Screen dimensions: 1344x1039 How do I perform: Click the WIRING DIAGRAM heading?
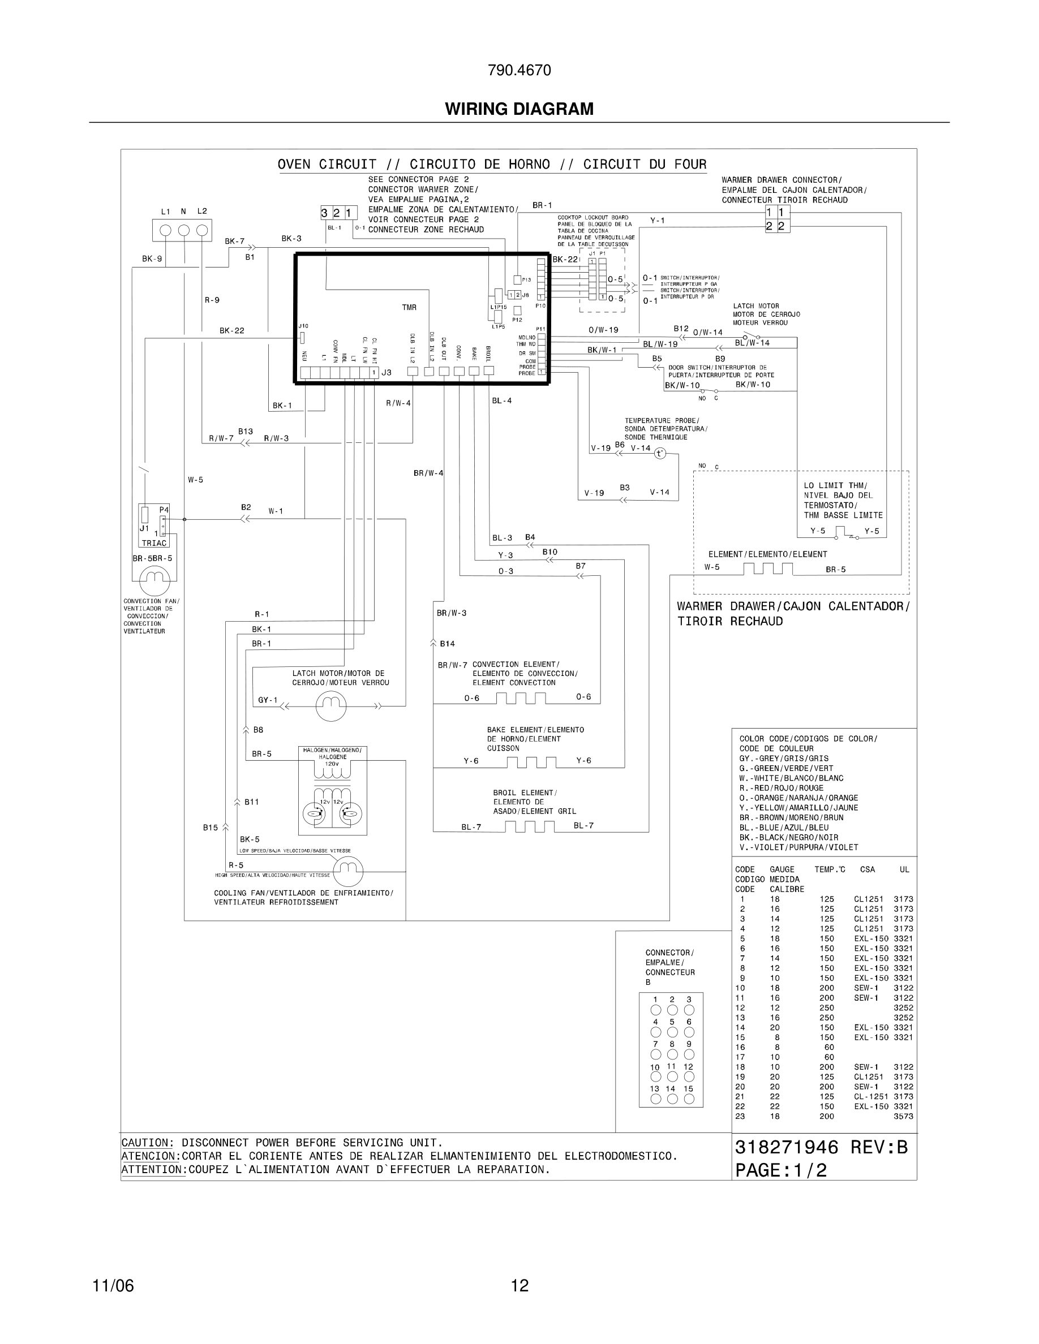[519, 109]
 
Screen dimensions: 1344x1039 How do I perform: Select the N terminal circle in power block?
[183, 231]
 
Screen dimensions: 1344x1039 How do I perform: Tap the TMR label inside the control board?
[409, 307]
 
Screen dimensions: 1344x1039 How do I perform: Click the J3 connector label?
[387, 372]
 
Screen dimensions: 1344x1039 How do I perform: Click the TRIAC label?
[154, 543]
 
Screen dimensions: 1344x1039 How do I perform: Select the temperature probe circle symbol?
[660, 454]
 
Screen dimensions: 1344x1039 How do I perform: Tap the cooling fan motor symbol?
[348, 871]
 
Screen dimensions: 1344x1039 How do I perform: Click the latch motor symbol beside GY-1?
[331, 706]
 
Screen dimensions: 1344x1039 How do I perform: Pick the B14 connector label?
[447, 644]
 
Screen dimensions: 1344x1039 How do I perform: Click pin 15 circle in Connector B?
[689, 1099]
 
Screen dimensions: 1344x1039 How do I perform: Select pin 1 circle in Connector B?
[655, 1010]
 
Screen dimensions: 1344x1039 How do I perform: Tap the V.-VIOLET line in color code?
[798, 847]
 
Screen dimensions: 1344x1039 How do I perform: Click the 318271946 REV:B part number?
[821, 1147]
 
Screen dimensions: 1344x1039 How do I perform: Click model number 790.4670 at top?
[519, 71]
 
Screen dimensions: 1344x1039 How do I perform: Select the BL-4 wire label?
[501, 400]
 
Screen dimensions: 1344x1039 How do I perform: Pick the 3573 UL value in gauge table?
[903, 1115]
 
